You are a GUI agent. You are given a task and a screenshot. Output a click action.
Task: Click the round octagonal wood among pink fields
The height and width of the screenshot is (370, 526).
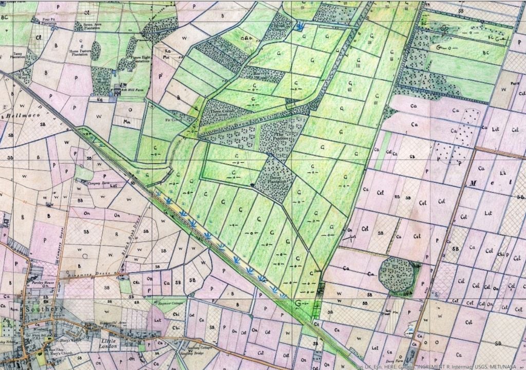398,276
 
